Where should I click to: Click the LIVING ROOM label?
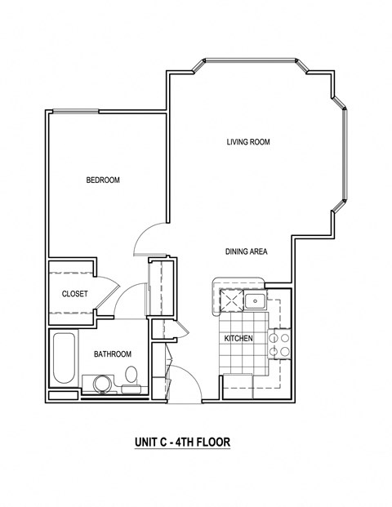tap(248, 142)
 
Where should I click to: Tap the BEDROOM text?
tap(103, 180)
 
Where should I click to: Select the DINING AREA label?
tap(247, 251)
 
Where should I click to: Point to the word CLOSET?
tap(75, 294)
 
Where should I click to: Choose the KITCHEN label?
tap(238, 338)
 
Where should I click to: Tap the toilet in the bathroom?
tap(131, 376)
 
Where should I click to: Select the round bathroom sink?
tap(101, 383)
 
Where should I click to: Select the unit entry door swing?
tap(186, 382)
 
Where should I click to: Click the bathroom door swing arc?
tap(127, 305)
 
